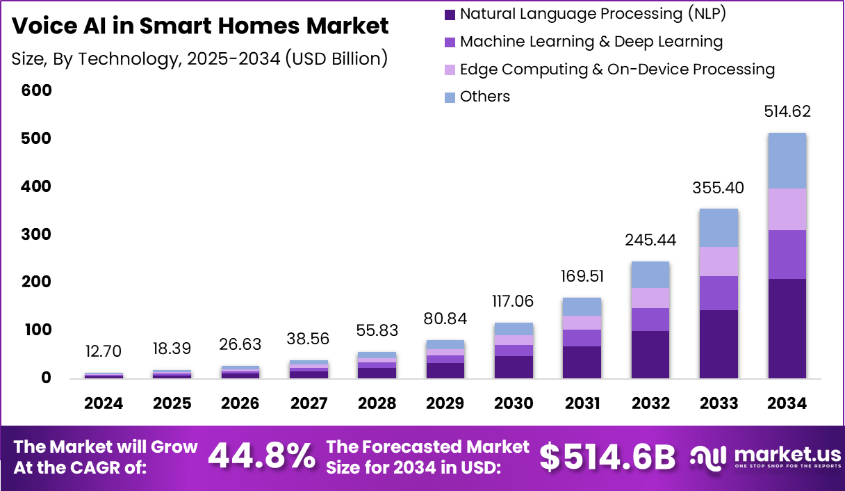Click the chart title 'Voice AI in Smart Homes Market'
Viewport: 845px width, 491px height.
tap(200, 26)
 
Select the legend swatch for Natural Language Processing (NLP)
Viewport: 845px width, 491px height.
tap(450, 14)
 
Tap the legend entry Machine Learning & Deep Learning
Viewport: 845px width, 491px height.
tap(591, 42)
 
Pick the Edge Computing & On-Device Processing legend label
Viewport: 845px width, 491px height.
tap(617, 70)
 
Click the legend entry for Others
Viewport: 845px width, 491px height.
tap(484, 97)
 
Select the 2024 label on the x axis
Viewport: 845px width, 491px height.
tap(104, 403)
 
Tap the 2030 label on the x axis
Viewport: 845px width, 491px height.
tap(514, 403)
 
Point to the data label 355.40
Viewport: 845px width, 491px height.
tap(719, 188)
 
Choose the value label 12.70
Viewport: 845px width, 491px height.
tap(104, 350)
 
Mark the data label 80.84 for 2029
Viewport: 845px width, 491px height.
tap(445, 319)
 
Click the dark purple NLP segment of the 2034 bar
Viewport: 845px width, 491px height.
tap(787, 328)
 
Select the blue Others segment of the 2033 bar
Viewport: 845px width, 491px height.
tap(719, 227)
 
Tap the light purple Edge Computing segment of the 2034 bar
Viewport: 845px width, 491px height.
tap(787, 209)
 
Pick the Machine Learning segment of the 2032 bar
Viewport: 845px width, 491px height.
tap(650, 319)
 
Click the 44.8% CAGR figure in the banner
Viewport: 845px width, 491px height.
tap(261, 456)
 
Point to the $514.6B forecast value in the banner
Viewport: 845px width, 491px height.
tap(607, 456)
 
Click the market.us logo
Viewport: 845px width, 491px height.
tap(765, 456)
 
